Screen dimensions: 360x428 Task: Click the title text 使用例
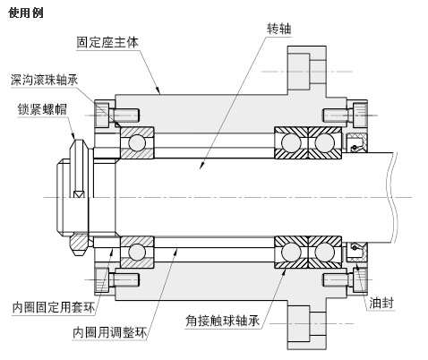click(25, 13)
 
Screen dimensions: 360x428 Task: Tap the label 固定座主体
click(107, 41)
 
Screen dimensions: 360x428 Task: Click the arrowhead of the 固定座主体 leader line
click(159, 92)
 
